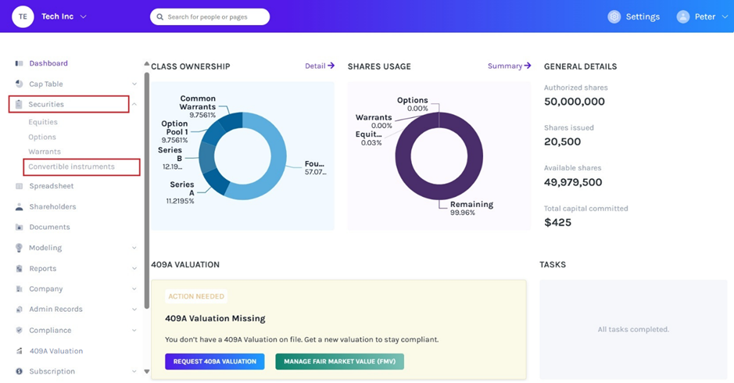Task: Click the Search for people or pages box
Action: pyautogui.click(x=209, y=16)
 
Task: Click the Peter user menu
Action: pyautogui.click(x=702, y=16)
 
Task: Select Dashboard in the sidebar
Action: pyautogui.click(x=48, y=63)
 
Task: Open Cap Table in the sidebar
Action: pyautogui.click(x=46, y=84)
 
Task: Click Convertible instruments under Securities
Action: pyautogui.click(x=71, y=166)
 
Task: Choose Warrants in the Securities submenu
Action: pyautogui.click(x=45, y=152)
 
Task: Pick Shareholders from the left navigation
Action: pyautogui.click(x=52, y=206)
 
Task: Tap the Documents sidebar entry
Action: pyautogui.click(x=49, y=227)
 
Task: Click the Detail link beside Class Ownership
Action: pyautogui.click(x=319, y=66)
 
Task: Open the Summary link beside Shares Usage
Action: pyautogui.click(x=509, y=66)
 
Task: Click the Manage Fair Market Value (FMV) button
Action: pyautogui.click(x=339, y=361)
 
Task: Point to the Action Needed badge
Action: pyautogui.click(x=196, y=296)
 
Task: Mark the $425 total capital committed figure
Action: pyautogui.click(x=558, y=223)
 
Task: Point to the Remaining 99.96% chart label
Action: pyautogui.click(x=471, y=208)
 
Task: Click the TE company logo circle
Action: pyautogui.click(x=23, y=16)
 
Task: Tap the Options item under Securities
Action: pyautogui.click(x=42, y=137)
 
